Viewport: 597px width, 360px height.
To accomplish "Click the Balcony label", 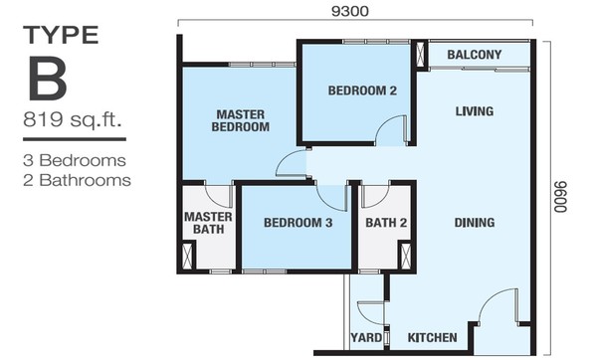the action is pos(474,55).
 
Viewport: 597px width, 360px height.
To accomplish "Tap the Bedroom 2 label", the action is pos(362,90).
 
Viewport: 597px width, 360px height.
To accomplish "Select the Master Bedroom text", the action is pos(240,120).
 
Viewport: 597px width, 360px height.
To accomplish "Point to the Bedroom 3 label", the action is pos(298,223).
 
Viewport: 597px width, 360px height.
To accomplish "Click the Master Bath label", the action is pos(208,223).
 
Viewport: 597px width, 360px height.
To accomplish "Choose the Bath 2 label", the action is pos(386,223).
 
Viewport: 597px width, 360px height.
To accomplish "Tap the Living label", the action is pos(475,111).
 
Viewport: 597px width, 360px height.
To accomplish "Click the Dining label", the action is pos(475,223).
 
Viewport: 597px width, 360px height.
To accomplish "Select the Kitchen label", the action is pos(432,337).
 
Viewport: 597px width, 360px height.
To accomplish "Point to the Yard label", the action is pos(366,337).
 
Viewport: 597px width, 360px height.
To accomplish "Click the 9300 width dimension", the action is pos(350,11).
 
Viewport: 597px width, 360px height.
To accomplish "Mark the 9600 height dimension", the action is pos(561,197).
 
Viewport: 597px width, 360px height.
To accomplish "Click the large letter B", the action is pos(48,78).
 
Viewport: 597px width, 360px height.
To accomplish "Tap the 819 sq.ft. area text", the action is pos(72,119).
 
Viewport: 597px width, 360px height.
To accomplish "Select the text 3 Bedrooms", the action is pos(75,160).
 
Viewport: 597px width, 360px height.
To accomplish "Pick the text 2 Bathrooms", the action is pos(77,180).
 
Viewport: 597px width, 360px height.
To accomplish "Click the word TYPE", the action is pos(61,35).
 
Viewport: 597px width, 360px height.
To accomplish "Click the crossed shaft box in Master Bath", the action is pos(188,256).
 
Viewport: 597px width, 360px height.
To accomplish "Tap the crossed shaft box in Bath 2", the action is pos(406,256).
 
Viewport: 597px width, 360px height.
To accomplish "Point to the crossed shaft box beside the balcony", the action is pos(420,56).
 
